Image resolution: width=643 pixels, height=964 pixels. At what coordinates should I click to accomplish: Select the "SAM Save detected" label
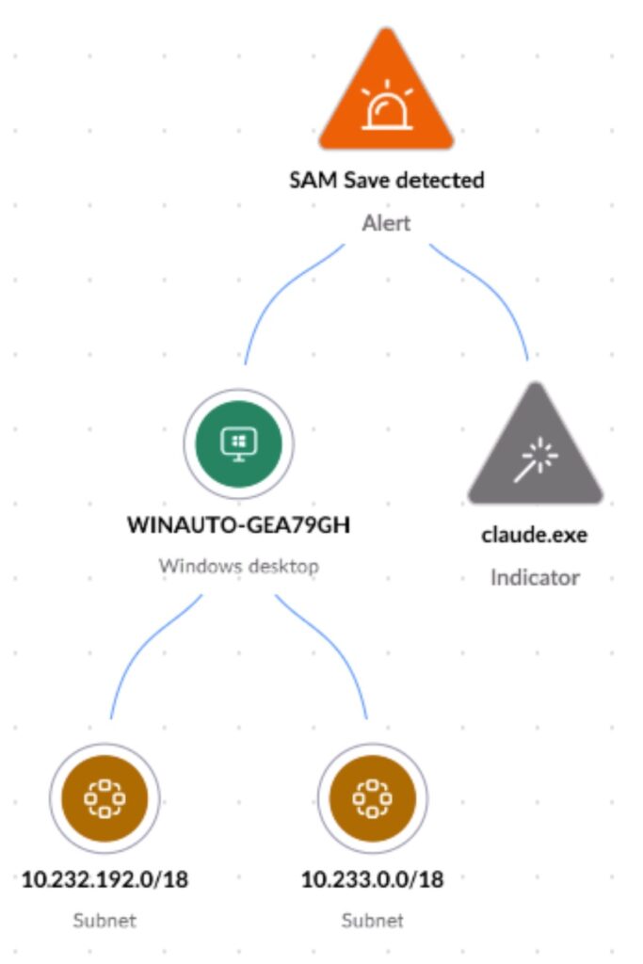386,180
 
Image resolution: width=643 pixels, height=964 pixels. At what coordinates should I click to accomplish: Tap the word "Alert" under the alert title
386,224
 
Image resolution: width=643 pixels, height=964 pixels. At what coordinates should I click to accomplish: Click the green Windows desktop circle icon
238,443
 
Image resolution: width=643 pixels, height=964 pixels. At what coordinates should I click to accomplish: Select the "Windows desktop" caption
238,567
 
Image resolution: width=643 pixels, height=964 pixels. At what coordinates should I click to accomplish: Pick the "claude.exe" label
535,535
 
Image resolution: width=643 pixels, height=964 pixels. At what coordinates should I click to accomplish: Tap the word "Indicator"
535,577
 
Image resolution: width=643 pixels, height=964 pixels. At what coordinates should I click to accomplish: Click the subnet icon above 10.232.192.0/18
103,800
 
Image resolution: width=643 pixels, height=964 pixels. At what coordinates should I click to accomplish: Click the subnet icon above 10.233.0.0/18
372,800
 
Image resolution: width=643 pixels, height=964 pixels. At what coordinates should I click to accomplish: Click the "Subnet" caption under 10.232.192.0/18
104,920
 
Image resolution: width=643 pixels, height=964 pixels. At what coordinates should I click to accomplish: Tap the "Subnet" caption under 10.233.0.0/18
372,920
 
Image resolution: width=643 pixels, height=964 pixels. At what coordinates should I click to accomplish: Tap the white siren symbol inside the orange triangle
386,105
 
